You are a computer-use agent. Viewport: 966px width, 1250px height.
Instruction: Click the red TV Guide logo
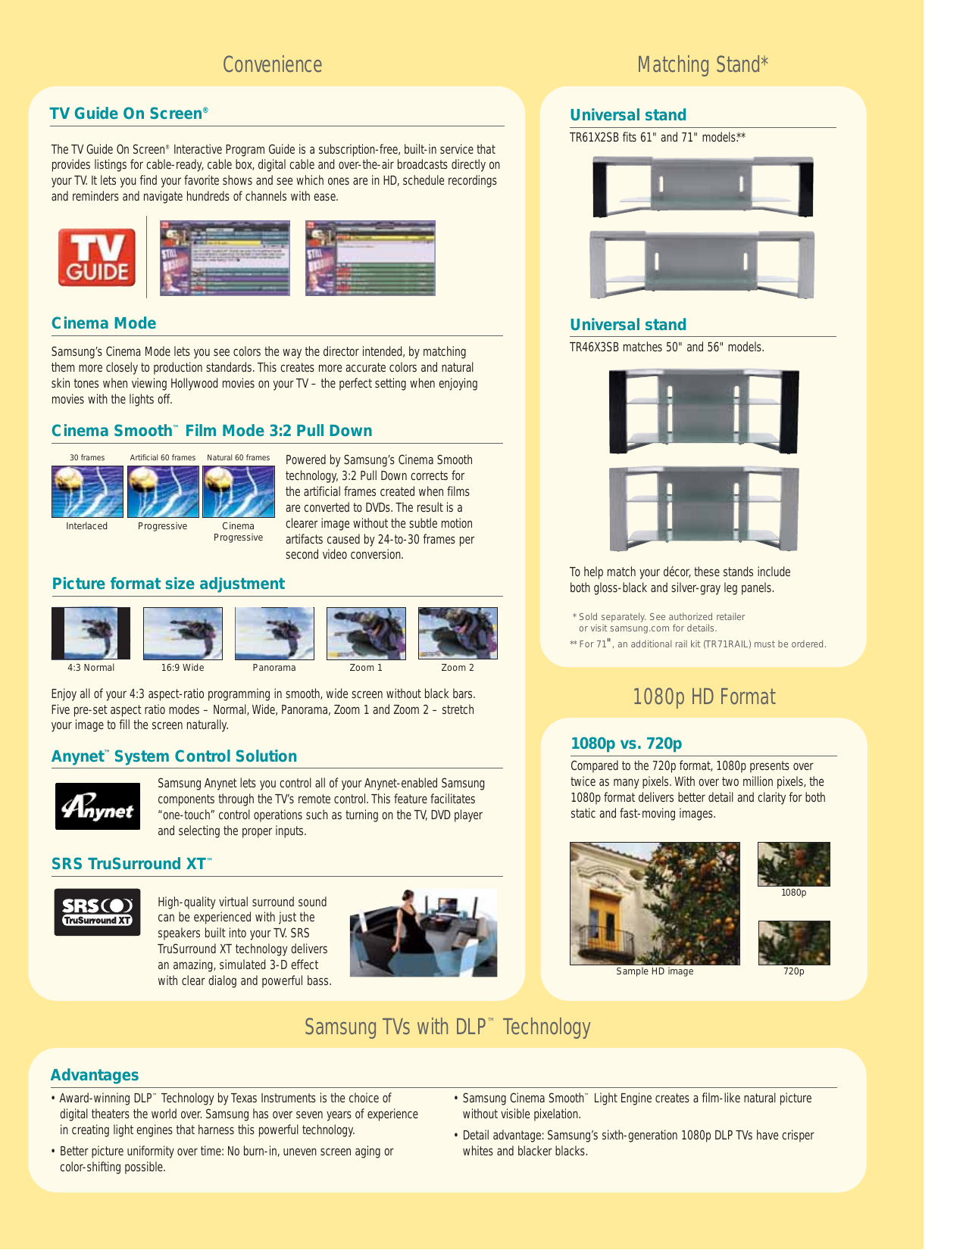click(x=97, y=257)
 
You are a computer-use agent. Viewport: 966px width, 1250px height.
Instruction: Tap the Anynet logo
click(x=98, y=806)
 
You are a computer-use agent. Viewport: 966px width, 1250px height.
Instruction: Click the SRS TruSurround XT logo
click(x=97, y=912)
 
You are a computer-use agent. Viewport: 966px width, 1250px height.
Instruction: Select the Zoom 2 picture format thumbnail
click(x=458, y=633)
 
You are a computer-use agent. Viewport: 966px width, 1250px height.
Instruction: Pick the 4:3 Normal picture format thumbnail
click(x=91, y=633)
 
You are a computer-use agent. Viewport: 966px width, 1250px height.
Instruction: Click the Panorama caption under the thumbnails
click(x=274, y=668)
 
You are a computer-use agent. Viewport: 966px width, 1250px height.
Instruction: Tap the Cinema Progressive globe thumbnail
click(x=239, y=491)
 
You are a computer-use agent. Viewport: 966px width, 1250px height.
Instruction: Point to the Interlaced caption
click(x=86, y=526)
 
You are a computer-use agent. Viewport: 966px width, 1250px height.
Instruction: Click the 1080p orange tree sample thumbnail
click(x=793, y=864)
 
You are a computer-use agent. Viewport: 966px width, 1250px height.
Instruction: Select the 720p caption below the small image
click(x=793, y=971)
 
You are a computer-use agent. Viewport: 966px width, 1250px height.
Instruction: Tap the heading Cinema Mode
click(x=104, y=323)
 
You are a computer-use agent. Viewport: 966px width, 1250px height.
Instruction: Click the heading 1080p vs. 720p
click(x=626, y=743)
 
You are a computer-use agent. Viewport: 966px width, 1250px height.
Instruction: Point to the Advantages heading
click(x=95, y=1075)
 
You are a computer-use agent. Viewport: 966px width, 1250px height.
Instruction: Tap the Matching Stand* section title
click(x=702, y=65)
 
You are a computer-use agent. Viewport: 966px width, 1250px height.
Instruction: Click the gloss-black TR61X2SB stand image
click(x=702, y=186)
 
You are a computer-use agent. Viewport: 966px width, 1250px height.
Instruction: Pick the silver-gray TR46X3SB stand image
click(x=704, y=508)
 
